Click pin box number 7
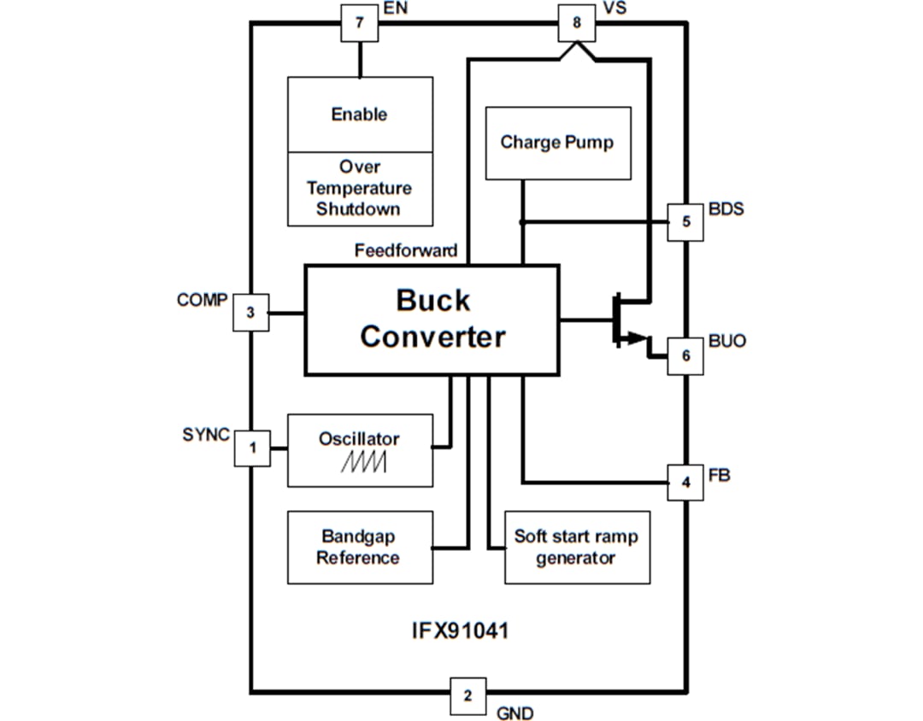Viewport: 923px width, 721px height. pos(359,23)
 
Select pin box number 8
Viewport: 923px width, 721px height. pos(576,23)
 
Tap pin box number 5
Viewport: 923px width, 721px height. pos(685,222)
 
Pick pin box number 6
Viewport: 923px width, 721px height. pos(685,356)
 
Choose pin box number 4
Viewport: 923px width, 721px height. pos(685,483)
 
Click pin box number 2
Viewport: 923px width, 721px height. pos(467,695)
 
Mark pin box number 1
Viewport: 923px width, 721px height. pos(253,448)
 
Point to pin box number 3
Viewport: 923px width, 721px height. pos(250,313)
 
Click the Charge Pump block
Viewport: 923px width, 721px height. pos(557,143)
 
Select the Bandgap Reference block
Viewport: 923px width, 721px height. pos(359,548)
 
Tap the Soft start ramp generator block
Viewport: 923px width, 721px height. pos(576,548)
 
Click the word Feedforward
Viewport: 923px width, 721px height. pos(406,251)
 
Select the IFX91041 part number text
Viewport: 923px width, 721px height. pos(461,632)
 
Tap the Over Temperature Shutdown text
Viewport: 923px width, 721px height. pos(359,188)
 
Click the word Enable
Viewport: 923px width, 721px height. pos(359,114)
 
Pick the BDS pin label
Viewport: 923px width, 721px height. pos(726,209)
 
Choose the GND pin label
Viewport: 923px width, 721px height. pos(514,713)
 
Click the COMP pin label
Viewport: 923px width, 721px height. pos(202,300)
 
